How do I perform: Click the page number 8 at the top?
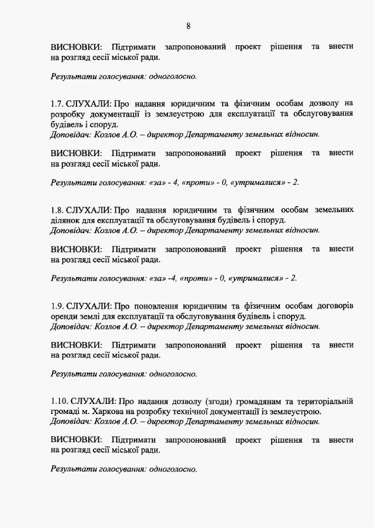pos(188,26)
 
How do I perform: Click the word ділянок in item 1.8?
pos(65,220)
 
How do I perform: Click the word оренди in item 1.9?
pos(64,316)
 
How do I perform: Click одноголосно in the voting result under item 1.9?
pos(173,373)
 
